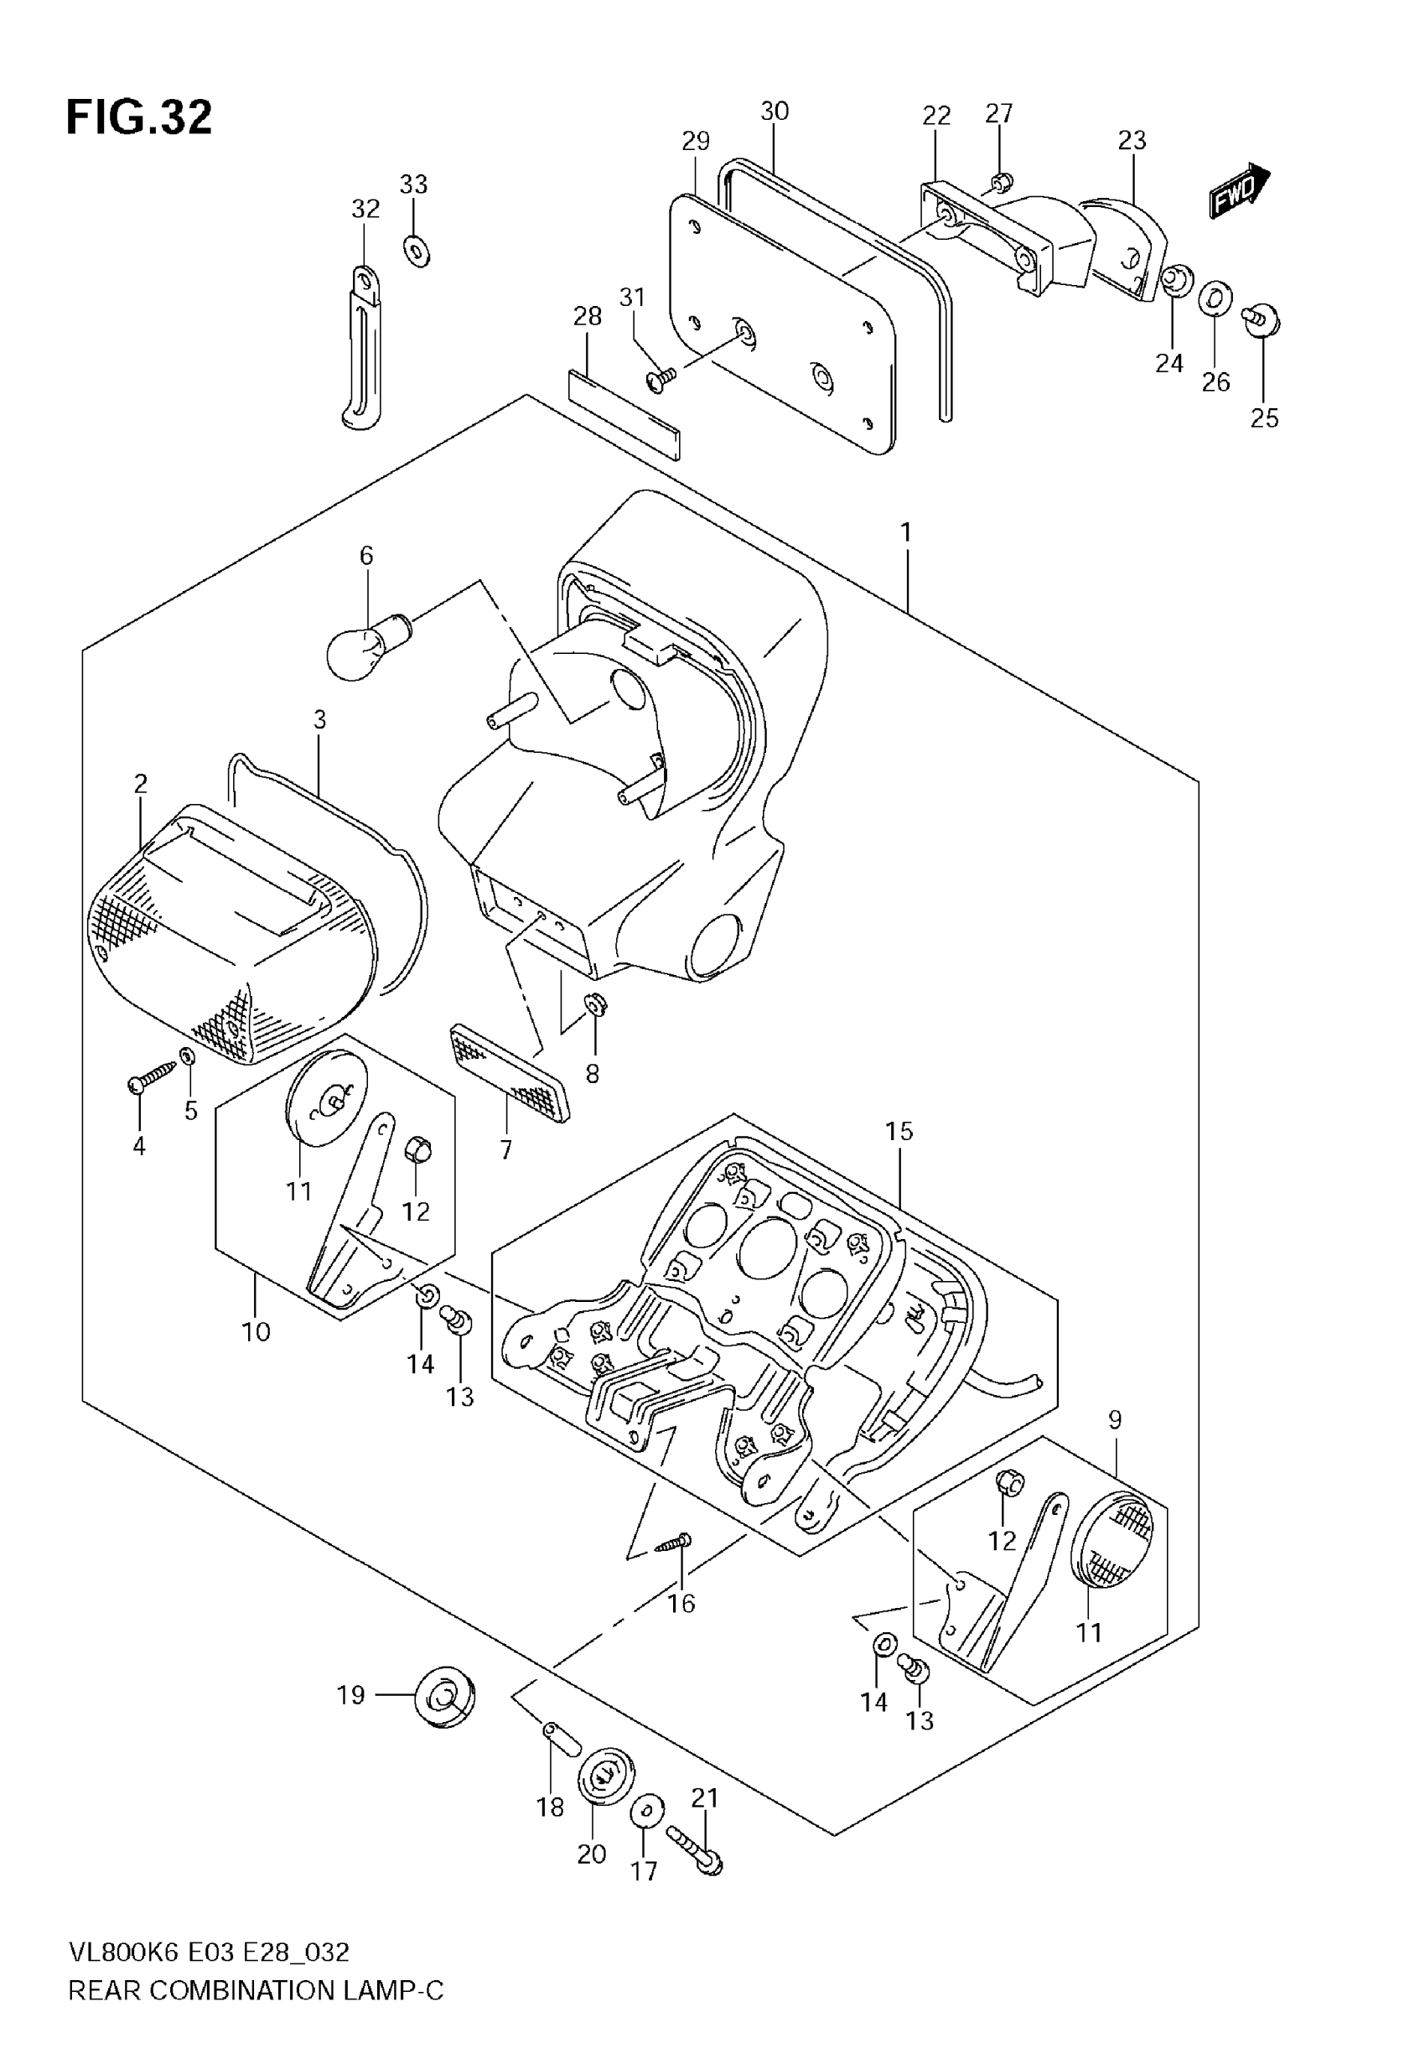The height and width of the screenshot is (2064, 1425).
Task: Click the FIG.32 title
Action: (x=139, y=118)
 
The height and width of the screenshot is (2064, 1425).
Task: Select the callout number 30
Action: (x=774, y=111)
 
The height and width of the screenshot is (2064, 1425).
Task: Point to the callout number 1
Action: (x=906, y=533)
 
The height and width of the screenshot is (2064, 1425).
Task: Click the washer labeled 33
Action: (x=416, y=251)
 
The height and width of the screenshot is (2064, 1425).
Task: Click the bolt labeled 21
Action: (x=695, y=1852)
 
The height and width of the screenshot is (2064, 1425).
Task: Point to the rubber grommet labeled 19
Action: (x=444, y=1695)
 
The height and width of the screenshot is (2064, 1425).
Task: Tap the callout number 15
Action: (x=899, y=1131)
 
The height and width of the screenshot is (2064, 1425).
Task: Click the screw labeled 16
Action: (x=672, y=1543)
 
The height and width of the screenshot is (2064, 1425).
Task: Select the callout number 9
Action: (x=1115, y=1419)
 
